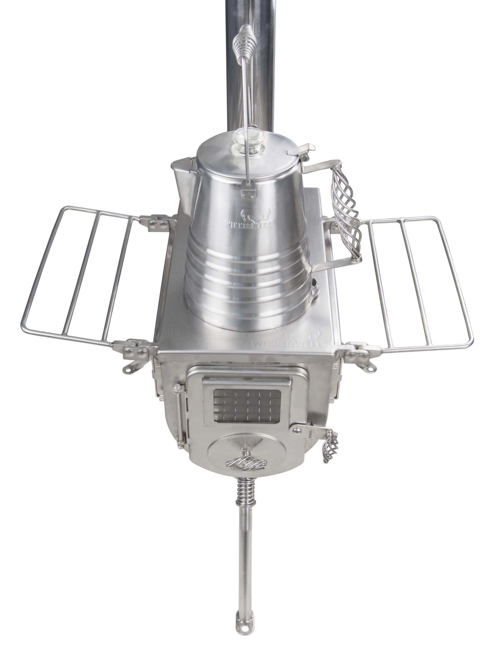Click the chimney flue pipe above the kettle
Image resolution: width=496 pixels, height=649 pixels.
point(245,74)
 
